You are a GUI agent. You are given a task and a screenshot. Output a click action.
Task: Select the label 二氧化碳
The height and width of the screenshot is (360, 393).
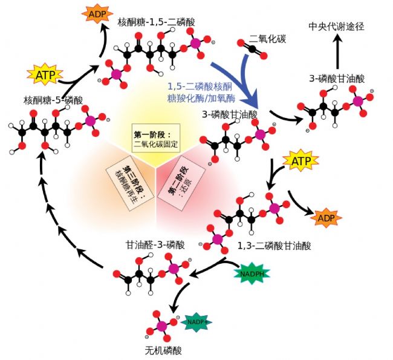coord(268,39)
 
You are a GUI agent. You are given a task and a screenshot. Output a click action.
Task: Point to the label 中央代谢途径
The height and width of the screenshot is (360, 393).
coord(337,27)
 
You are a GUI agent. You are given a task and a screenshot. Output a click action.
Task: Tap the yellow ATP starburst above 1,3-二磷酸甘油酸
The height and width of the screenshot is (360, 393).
coord(300,162)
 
